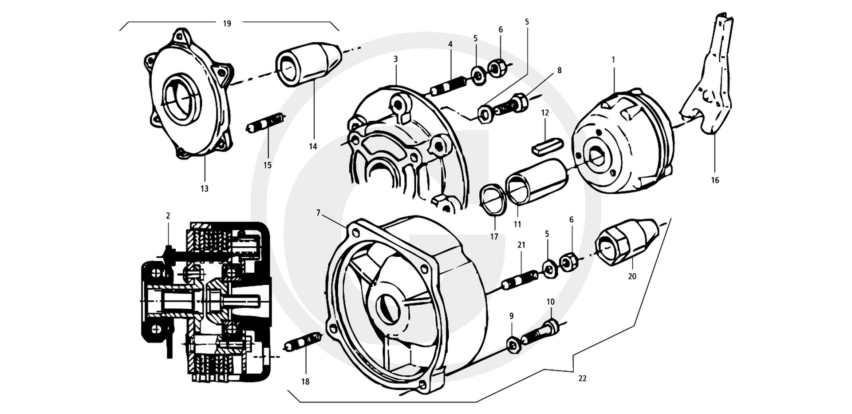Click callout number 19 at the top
(227, 24)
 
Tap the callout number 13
(204, 189)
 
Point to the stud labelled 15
(265, 123)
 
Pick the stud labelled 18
(303, 342)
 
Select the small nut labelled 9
(513, 344)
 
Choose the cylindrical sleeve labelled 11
(537, 181)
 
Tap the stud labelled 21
(520, 280)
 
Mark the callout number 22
(582, 378)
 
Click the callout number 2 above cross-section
(168, 216)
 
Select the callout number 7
(318, 213)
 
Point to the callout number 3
(395, 59)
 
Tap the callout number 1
(613, 59)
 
